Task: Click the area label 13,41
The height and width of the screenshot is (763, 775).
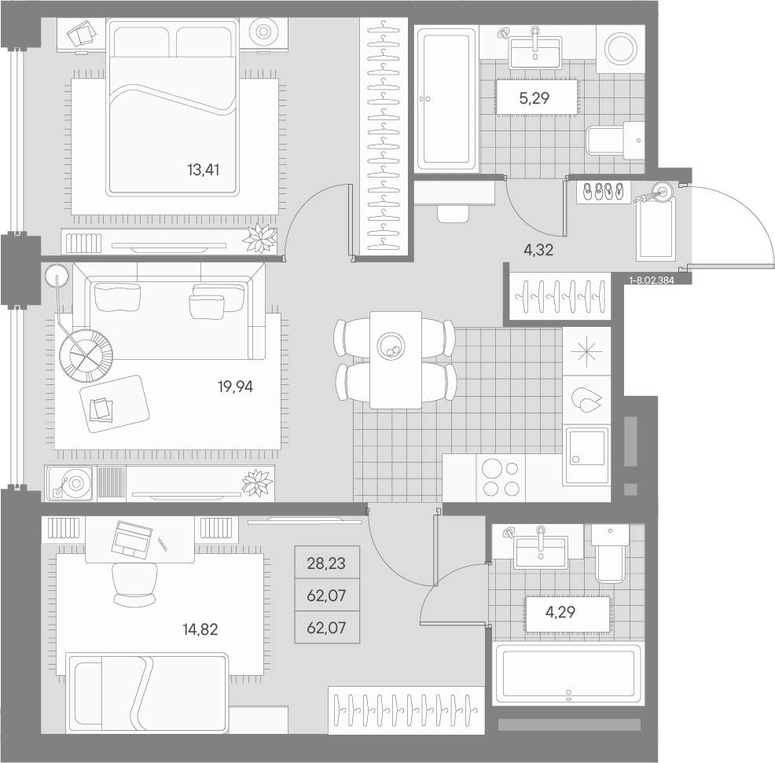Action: click(203, 170)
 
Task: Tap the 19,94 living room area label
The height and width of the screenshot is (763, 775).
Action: click(235, 387)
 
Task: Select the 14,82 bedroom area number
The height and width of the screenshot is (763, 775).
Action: click(200, 629)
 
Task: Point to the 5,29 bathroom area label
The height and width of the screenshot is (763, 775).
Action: click(534, 98)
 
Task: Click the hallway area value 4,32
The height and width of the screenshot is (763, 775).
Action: click(538, 250)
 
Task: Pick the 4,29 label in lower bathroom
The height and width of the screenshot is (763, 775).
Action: click(560, 612)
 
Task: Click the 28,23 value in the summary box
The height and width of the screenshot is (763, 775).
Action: click(326, 563)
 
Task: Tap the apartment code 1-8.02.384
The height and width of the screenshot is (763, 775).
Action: click(652, 281)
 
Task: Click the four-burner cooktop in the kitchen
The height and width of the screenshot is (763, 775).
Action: click(501, 478)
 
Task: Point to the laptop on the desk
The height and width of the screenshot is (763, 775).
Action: click(131, 538)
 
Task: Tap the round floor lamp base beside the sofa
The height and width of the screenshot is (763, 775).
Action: click(56, 276)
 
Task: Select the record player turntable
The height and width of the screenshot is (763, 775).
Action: click(70, 482)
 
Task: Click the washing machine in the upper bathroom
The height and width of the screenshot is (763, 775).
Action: click(620, 49)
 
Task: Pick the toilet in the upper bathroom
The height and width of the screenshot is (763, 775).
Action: click(615, 141)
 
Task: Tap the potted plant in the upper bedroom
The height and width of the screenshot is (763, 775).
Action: click(260, 240)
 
